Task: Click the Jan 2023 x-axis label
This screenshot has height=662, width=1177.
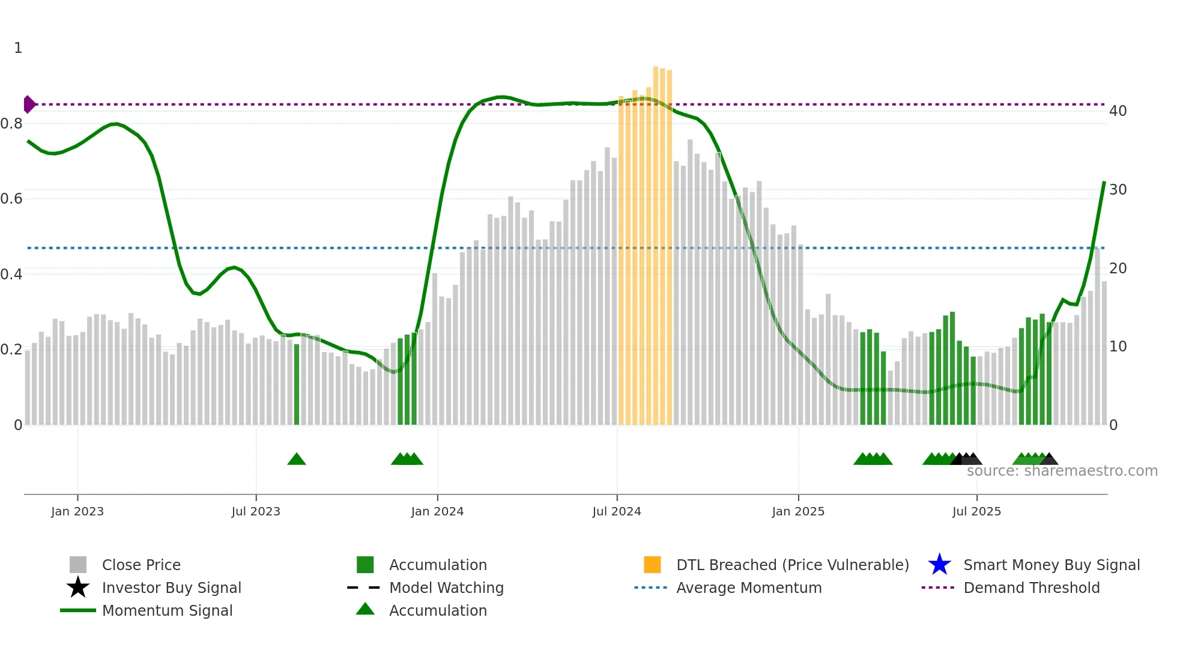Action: tap(77, 511)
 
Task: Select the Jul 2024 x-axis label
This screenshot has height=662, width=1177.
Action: tap(617, 511)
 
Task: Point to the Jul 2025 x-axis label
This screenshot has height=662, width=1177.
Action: tap(976, 511)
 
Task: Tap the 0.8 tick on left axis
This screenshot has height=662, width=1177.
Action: tap(11, 124)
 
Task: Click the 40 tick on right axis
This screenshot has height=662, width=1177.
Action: tap(1118, 111)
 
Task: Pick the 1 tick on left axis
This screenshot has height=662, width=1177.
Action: tap(18, 48)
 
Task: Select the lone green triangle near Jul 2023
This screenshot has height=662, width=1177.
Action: tap(297, 460)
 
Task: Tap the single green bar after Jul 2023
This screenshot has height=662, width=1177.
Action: tap(297, 384)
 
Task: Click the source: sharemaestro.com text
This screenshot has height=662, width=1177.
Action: tap(1062, 471)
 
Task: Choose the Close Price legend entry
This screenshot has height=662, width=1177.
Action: tap(141, 565)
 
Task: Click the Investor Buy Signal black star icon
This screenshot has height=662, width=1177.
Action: tap(78, 588)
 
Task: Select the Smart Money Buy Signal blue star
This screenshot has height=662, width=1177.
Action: tap(939, 565)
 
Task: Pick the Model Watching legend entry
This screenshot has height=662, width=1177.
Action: tap(446, 588)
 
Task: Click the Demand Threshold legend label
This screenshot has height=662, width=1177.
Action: tap(1031, 588)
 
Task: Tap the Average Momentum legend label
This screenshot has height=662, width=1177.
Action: tap(749, 588)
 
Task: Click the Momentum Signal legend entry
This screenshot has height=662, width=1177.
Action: tap(167, 610)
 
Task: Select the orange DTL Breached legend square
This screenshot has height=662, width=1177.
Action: tap(652, 565)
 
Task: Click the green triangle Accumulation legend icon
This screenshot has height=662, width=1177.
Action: tap(365, 609)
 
